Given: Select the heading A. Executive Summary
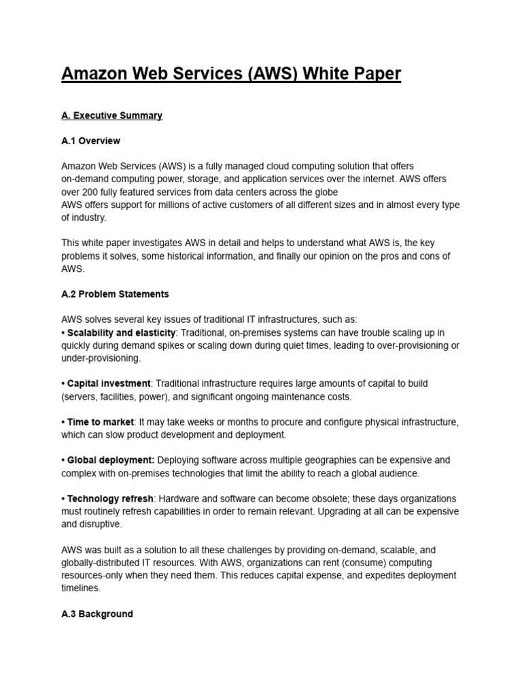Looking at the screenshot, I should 111,116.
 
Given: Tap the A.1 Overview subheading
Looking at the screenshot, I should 90,141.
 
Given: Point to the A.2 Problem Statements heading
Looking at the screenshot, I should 115,294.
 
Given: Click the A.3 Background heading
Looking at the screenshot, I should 97,614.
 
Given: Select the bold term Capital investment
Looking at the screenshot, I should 109,383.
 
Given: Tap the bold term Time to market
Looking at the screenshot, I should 101,422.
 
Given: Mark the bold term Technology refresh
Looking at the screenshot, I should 111,499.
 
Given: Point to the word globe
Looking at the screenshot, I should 324,192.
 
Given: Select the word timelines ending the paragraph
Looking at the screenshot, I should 81,589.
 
